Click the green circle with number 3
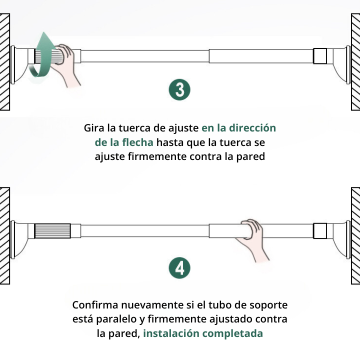pos(179,90)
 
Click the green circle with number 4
pos(179,268)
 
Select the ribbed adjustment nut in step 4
pos(52,231)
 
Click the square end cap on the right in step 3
pos(320,55)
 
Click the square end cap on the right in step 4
pos(320,230)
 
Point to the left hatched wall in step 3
pos(5,62)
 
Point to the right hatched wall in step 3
pos(355,62)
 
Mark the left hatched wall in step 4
pos(5,235)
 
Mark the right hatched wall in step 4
pos(355,235)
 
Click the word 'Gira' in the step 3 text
pos(94,127)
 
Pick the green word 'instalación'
pos(170,333)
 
